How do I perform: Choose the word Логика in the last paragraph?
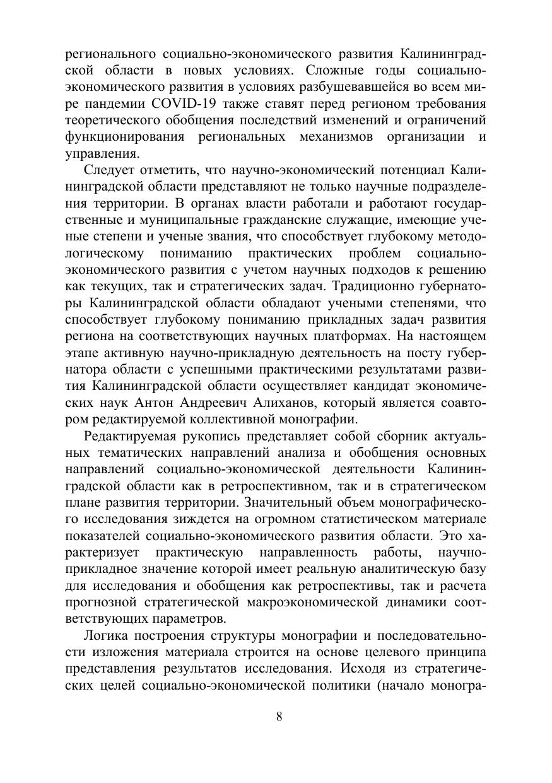(104, 634)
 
